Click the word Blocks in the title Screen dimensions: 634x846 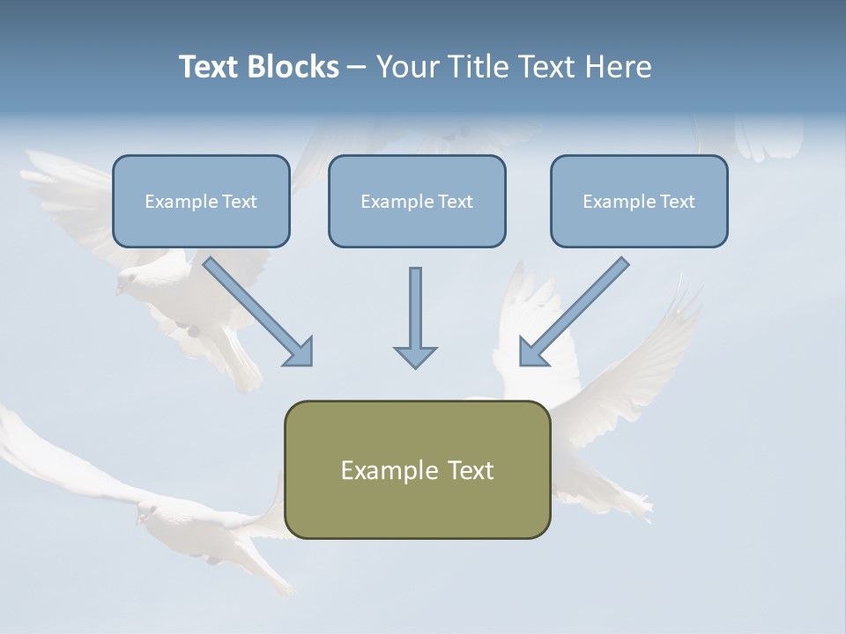click(x=296, y=67)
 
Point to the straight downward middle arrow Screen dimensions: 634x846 click(x=415, y=308)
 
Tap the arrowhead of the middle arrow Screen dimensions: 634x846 click(x=415, y=357)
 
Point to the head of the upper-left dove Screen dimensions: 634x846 click(x=128, y=282)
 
